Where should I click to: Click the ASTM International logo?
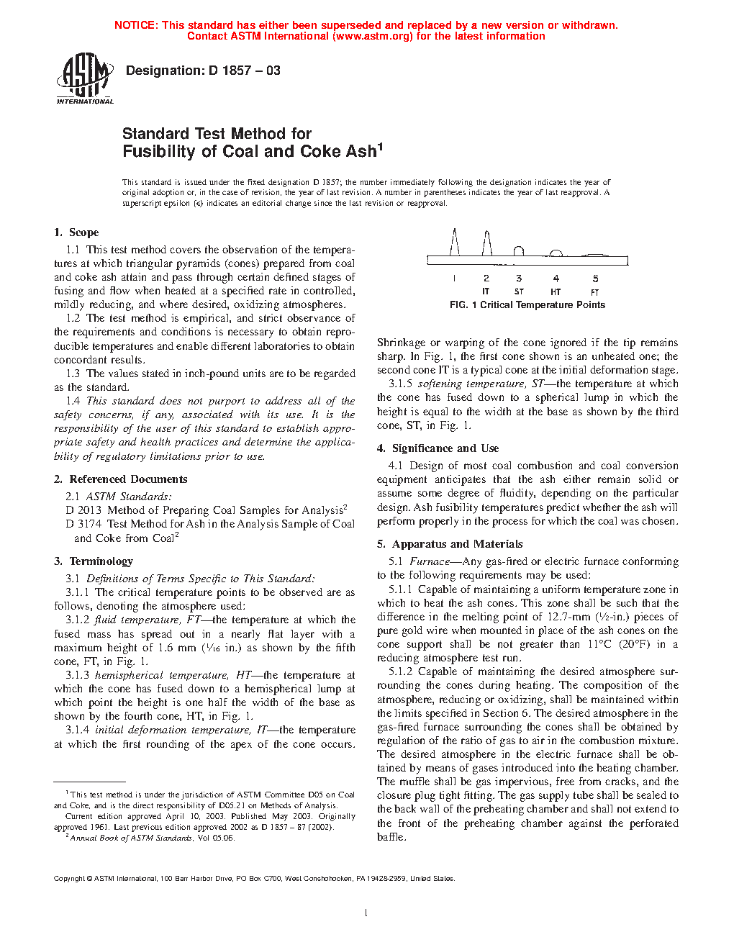click(84, 78)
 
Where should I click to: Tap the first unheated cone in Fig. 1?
click(454, 242)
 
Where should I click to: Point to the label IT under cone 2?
click(486, 291)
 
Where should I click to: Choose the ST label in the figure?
click(519, 291)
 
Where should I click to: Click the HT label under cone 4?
click(556, 291)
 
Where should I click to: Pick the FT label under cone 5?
click(595, 291)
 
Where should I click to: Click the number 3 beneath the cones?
click(519, 279)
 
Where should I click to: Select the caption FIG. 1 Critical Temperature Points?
click(527, 305)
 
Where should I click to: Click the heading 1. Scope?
click(76, 232)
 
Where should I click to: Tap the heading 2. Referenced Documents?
click(121, 479)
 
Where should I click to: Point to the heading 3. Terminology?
click(94, 561)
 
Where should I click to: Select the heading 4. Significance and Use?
click(438, 448)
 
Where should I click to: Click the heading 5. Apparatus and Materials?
click(450, 544)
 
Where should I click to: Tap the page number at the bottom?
click(366, 913)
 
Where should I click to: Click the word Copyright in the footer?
click(69, 878)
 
